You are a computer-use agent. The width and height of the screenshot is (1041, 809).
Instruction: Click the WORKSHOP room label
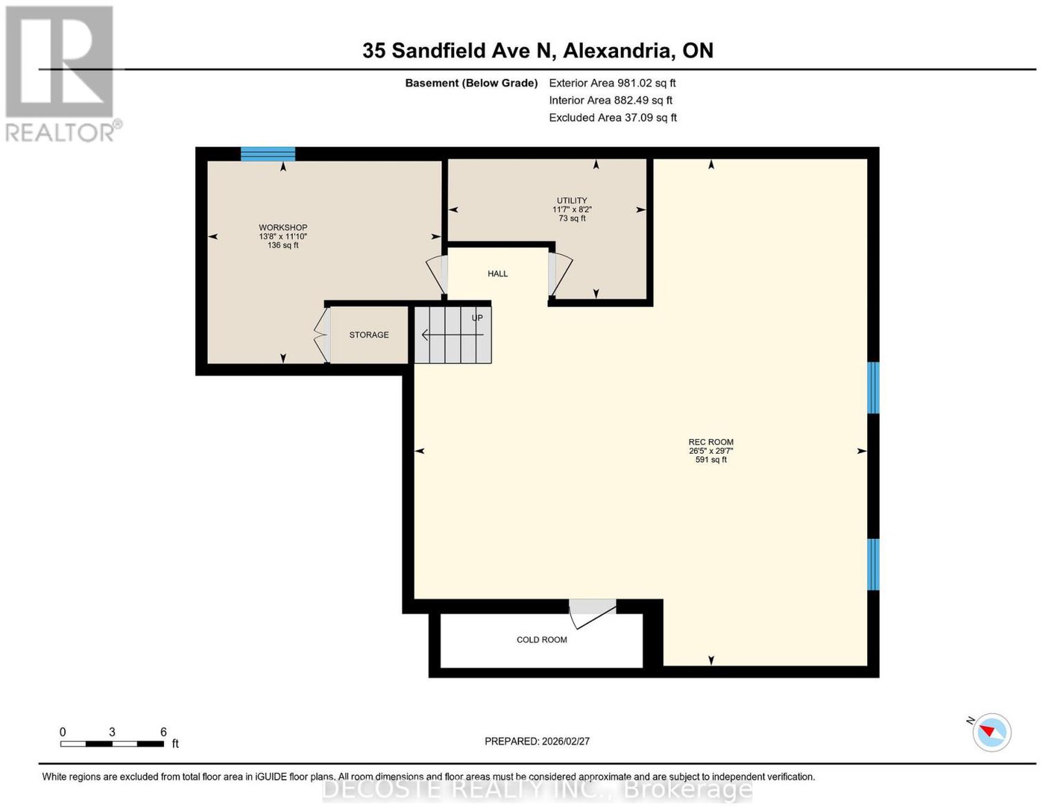282,227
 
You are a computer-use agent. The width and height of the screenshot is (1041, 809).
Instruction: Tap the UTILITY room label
571,200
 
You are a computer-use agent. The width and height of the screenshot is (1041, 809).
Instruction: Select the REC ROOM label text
710,442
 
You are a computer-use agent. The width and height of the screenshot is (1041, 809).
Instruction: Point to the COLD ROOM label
541,639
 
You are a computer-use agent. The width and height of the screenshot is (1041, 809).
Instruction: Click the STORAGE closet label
368,335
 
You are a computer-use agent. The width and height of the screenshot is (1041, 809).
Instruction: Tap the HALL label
497,273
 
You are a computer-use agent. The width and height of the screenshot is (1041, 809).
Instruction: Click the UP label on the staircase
477,318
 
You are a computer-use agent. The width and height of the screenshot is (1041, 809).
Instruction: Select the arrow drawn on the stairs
452,335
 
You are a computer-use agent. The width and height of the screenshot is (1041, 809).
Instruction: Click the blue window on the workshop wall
267,154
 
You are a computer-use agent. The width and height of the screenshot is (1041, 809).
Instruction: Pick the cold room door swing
592,614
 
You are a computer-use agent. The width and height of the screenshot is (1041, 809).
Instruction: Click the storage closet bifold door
321,335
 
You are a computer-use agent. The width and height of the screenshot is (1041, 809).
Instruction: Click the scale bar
112,744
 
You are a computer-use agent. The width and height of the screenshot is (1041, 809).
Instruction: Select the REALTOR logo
62,74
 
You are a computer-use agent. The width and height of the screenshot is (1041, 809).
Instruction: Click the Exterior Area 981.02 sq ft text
612,83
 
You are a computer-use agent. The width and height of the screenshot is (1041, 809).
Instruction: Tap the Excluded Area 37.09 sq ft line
612,117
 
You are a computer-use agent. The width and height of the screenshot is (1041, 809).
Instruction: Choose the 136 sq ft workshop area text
282,245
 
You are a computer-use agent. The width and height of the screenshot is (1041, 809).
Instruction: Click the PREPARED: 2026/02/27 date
537,741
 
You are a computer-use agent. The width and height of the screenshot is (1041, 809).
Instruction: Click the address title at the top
537,50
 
